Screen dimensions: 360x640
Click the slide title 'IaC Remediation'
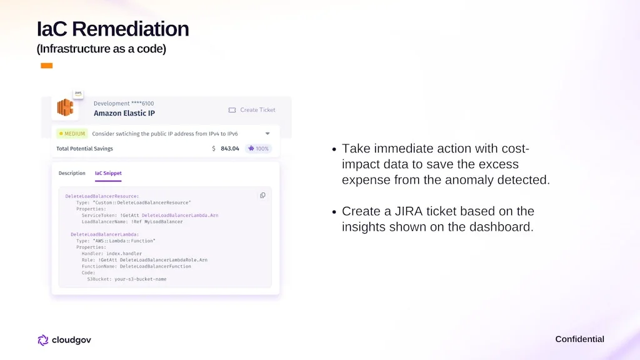point(112,29)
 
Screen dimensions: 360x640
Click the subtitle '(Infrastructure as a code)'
point(101,49)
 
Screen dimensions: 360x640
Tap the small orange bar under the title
point(46,66)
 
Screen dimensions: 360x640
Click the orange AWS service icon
point(65,107)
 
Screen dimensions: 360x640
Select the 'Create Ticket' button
point(252,110)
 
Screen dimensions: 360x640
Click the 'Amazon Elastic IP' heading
point(124,114)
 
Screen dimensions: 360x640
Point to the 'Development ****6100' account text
point(124,103)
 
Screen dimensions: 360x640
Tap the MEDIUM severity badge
point(72,134)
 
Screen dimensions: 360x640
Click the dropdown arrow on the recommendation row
point(267,134)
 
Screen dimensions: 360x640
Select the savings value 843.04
point(229,149)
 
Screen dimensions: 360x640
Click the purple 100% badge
point(258,149)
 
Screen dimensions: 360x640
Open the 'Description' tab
point(72,173)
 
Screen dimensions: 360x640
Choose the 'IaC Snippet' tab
point(108,173)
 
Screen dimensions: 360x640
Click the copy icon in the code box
point(262,196)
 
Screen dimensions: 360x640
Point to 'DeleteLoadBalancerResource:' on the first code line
point(102,196)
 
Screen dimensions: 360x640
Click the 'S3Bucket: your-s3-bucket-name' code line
point(126,279)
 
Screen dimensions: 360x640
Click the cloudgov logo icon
point(43,340)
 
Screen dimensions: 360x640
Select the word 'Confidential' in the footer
point(579,339)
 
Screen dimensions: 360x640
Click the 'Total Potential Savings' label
point(84,149)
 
